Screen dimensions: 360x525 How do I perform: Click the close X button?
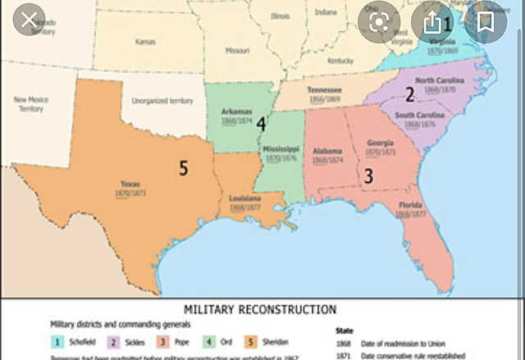click(30, 20)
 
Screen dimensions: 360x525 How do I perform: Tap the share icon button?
click(432, 22)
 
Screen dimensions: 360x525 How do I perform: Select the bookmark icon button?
click(486, 22)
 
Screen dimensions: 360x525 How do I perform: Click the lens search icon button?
click(379, 22)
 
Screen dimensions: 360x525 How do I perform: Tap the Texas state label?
click(130, 185)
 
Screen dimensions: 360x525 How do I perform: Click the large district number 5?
click(184, 169)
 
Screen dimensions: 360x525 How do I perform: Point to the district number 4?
click(261, 124)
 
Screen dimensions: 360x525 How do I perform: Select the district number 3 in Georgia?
click(368, 175)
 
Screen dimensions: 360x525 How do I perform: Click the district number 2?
click(409, 93)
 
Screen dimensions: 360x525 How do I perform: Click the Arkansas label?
click(236, 112)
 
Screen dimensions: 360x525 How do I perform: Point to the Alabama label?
click(328, 151)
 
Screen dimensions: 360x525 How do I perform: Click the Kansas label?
click(145, 41)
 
